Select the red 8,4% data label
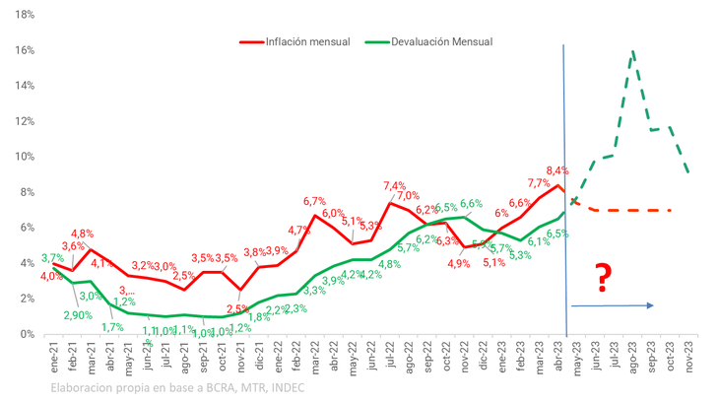coord(556,170)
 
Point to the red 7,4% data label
coord(394,185)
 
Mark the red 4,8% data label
coord(83,234)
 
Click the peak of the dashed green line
coord(631,50)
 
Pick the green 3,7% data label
coord(52,258)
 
